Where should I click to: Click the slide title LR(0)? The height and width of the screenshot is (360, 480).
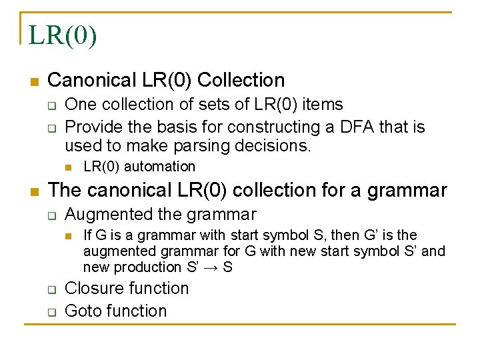click(x=63, y=35)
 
